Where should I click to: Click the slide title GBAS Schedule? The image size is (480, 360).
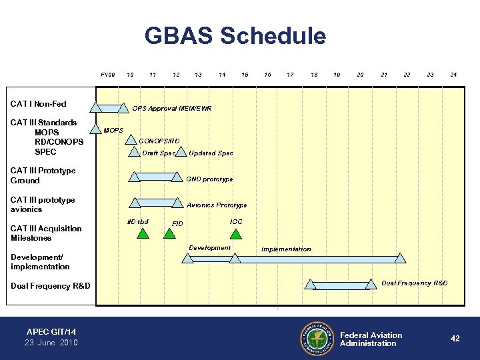(x=236, y=36)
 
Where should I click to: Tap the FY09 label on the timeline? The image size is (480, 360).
(x=107, y=75)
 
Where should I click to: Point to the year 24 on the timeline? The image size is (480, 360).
(x=453, y=75)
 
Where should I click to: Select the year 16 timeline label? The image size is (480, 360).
(x=267, y=75)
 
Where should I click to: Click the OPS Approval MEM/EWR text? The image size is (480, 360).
(x=171, y=108)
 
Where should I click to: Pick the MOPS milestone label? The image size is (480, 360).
(x=114, y=129)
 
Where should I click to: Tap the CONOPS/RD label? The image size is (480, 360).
(x=159, y=141)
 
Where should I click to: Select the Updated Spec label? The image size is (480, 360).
(x=211, y=153)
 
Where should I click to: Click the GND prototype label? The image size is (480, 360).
(x=209, y=179)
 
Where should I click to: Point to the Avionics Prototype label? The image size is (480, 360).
(x=217, y=205)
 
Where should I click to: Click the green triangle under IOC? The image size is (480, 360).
(x=235, y=233)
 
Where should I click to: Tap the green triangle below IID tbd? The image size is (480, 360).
(x=142, y=233)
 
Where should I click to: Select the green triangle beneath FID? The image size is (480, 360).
(x=169, y=233)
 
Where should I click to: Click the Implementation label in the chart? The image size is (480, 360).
(x=286, y=249)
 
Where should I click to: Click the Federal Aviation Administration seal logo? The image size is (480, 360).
(x=317, y=339)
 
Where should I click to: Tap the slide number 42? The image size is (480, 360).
(x=455, y=339)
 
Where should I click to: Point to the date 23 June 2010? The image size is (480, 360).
(x=51, y=343)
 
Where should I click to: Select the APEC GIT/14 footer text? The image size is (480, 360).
(x=51, y=331)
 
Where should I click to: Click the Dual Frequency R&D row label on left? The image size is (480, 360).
(x=50, y=286)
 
